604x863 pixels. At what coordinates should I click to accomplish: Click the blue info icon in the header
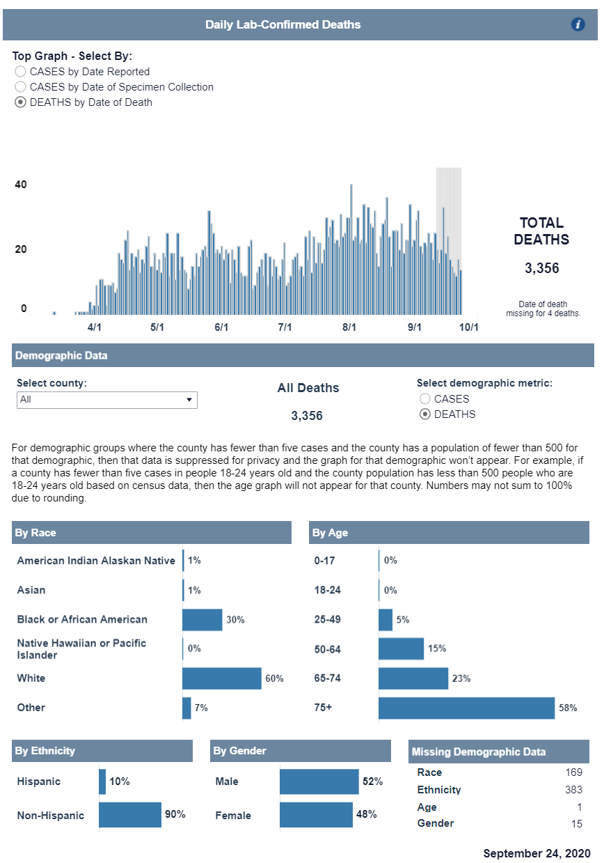tap(578, 24)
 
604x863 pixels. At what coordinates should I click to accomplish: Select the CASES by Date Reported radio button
tap(21, 72)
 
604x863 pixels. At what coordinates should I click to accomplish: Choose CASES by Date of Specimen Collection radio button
tap(21, 87)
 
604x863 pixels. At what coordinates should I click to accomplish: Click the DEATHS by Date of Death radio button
tap(21, 102)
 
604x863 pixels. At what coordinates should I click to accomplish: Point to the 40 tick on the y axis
tap(21, 185)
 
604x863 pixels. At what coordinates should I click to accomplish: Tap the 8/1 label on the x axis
tap(349, 327)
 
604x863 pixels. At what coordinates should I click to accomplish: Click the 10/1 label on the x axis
tap(468, 327)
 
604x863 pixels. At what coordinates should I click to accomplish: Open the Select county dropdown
tap(107, 400)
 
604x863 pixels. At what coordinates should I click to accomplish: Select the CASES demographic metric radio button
tap(424, 399)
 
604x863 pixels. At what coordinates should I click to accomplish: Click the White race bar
tap(221, 678)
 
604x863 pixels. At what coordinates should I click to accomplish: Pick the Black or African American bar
tap(202, 620)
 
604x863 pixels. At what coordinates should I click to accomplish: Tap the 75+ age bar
tap(466, 708)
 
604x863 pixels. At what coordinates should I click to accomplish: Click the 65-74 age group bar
tap(413, 678)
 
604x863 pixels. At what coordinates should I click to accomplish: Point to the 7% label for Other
tap(201, 708)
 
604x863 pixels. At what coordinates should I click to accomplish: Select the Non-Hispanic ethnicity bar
tap(130, 815)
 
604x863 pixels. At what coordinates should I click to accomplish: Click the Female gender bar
tap(316, 815)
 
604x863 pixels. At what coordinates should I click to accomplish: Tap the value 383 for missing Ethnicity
tap(573, 790)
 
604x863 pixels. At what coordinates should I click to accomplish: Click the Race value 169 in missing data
tap(573, 772)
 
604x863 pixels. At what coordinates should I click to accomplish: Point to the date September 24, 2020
tap(537, 853)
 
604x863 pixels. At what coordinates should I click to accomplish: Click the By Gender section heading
tap(240, 751)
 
